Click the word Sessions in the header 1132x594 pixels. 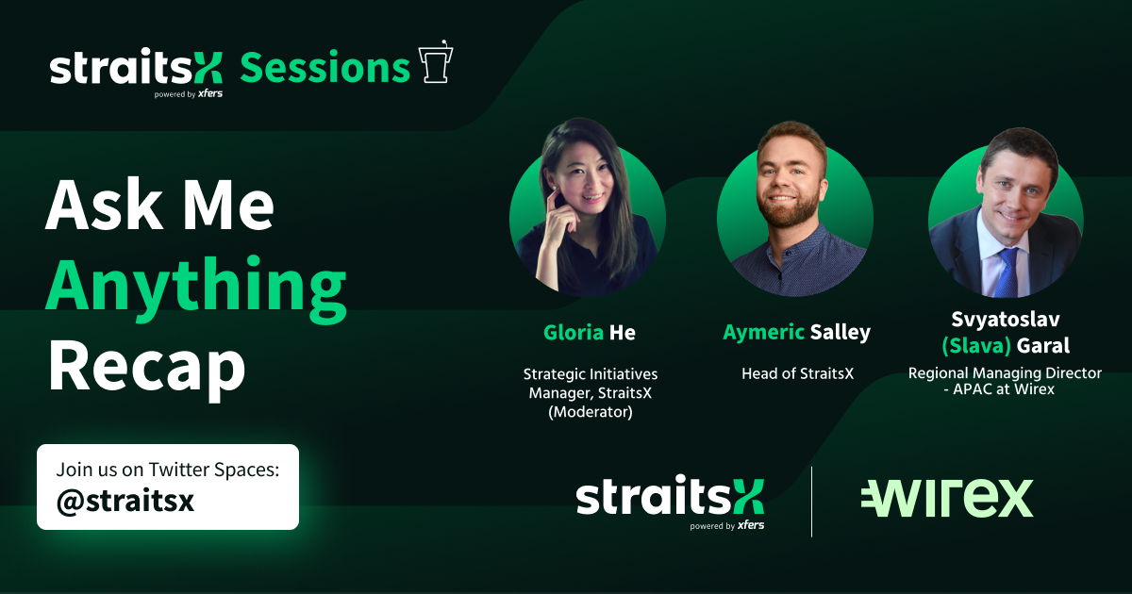[325, 68]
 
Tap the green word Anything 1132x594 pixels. [196, 286]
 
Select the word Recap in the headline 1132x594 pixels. [146, 368]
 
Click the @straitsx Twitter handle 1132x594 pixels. [125, 501]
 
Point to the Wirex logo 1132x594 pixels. [946, 498]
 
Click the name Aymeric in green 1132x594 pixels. [764, 333]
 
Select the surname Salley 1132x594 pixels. [840, 333]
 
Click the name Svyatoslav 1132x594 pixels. [1005, 320]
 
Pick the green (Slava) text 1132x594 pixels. [974, 346]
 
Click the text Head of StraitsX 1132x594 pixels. [797, 374]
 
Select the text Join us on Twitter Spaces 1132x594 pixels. [168, 470]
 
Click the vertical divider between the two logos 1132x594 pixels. [811, 501]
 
